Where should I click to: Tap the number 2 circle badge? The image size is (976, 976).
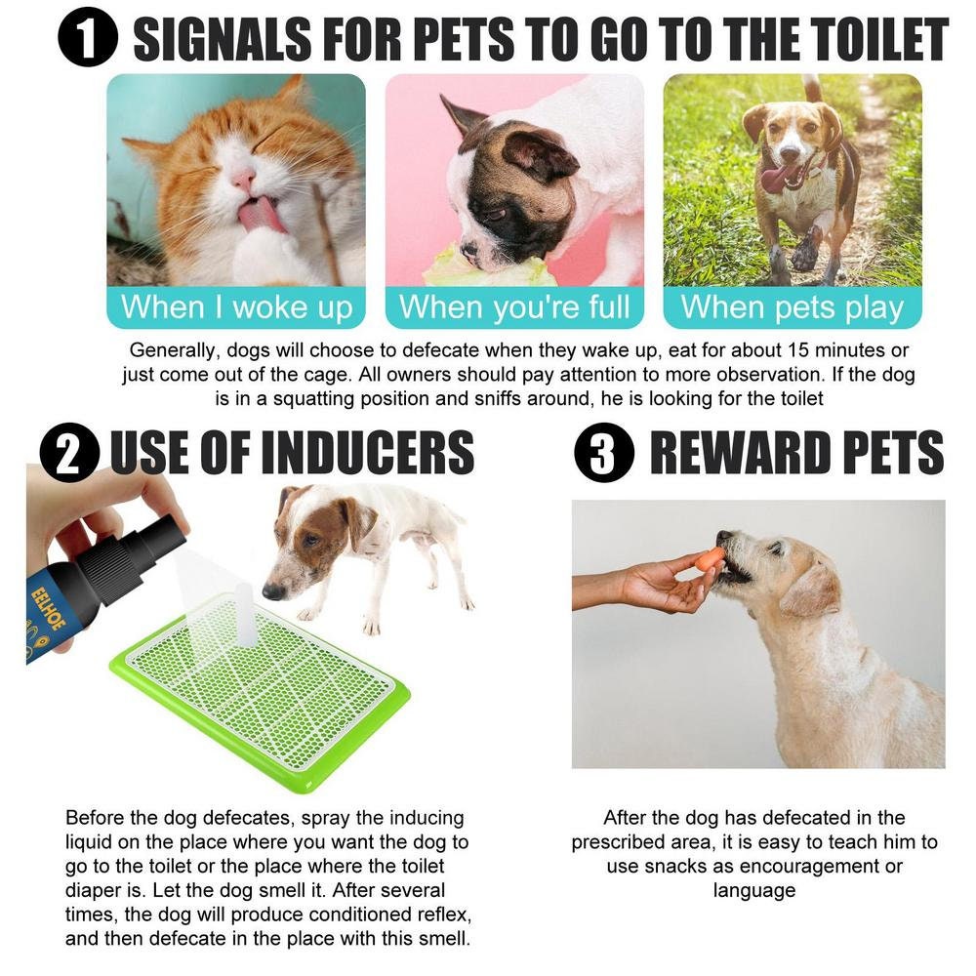(69, 455)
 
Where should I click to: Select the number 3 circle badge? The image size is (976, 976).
(604, 455)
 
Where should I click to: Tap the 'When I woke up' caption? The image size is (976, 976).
(236, 307)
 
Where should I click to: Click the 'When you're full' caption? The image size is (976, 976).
(514, 307)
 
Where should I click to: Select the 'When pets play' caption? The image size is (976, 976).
(793, 307)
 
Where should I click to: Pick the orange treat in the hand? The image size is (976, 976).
(711, 558)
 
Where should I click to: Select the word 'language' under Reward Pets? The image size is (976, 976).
(753, 890)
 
